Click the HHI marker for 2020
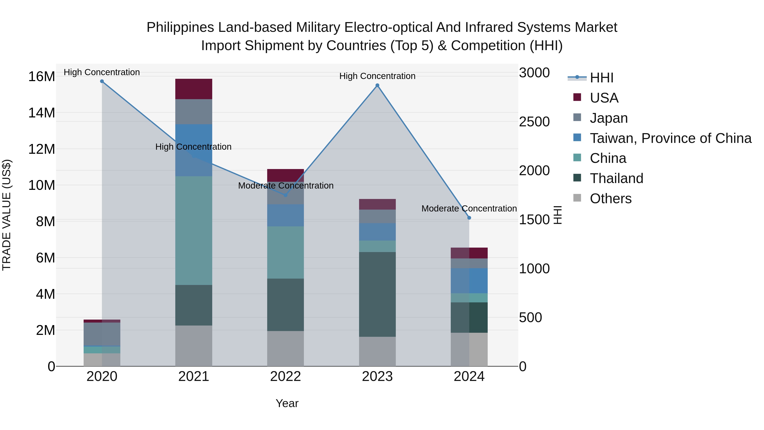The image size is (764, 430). point(102,81)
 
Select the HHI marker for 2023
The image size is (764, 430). point(377,85)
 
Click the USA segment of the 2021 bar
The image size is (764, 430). point(194,89)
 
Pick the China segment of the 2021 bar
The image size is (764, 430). point(194,231)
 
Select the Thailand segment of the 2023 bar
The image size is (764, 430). point(377,294)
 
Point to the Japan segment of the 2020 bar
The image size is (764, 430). point(102,334)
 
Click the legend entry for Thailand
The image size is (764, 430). point(616,179)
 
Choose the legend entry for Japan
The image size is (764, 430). point(609,118)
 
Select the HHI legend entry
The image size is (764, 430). point(601,78)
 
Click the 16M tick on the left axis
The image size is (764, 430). point(42,77)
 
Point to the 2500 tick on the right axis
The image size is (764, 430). point(534,122)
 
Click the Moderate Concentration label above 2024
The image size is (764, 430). point(469,209)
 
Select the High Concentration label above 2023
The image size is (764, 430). point(377,76)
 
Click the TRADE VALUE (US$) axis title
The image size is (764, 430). point(7,215)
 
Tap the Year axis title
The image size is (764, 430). point(287,403)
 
